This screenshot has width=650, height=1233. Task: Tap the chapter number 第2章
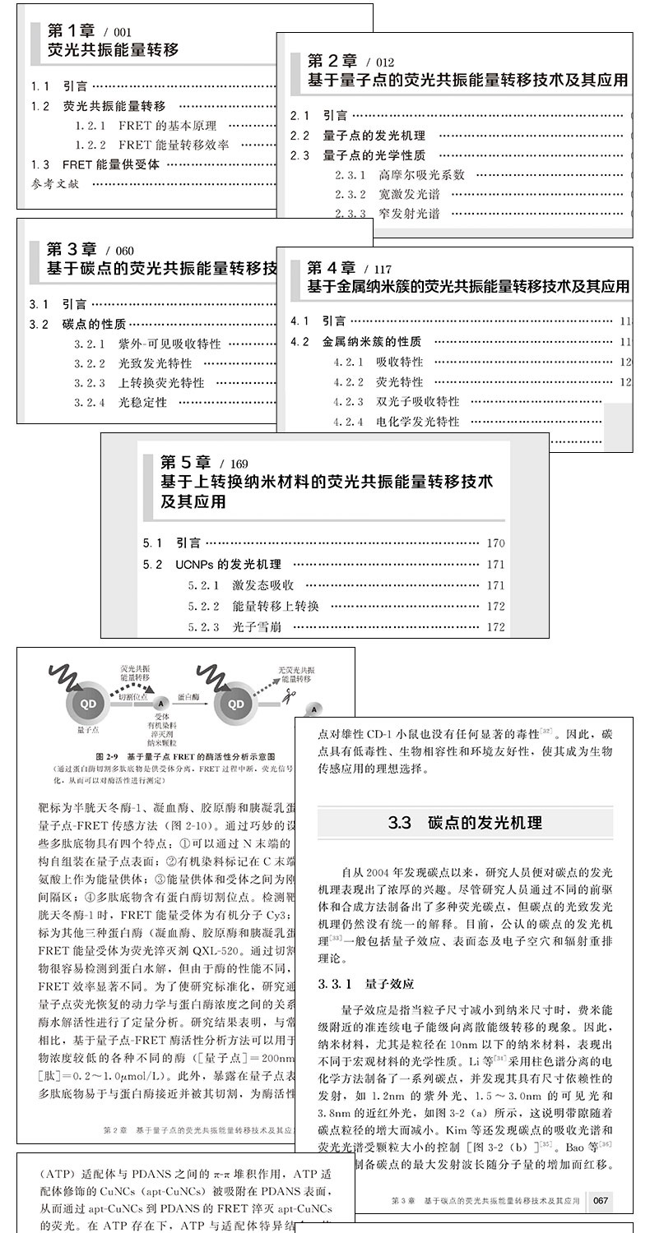point(332,61)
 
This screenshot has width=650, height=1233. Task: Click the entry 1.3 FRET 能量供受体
point(95,164)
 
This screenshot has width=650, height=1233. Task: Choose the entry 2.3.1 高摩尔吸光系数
point(399,174)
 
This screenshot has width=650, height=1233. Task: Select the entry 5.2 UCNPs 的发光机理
point(212,565)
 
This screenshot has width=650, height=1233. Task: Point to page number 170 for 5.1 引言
point(495,543)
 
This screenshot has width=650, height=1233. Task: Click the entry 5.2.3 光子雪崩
point(240,627)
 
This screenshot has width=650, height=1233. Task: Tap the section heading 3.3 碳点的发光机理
point(465,822)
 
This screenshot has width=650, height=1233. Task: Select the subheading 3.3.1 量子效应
point(366,983)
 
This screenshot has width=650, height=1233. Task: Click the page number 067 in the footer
point(601,1201)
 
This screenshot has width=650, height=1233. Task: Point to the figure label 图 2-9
point(112,755)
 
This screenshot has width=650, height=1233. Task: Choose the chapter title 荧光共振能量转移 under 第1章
point(113,51)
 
